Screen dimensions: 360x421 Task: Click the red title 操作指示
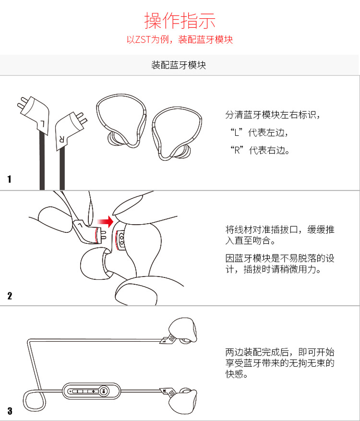click(180, 20)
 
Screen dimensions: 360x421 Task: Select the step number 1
click(10, 180)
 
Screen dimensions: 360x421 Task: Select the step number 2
click(10, 295)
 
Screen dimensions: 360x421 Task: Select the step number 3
click(10, 411)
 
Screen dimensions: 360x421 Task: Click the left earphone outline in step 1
click(120, 120)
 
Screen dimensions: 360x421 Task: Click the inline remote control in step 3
click(91, 390)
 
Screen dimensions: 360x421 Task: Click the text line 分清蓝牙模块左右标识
click(272, 115)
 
